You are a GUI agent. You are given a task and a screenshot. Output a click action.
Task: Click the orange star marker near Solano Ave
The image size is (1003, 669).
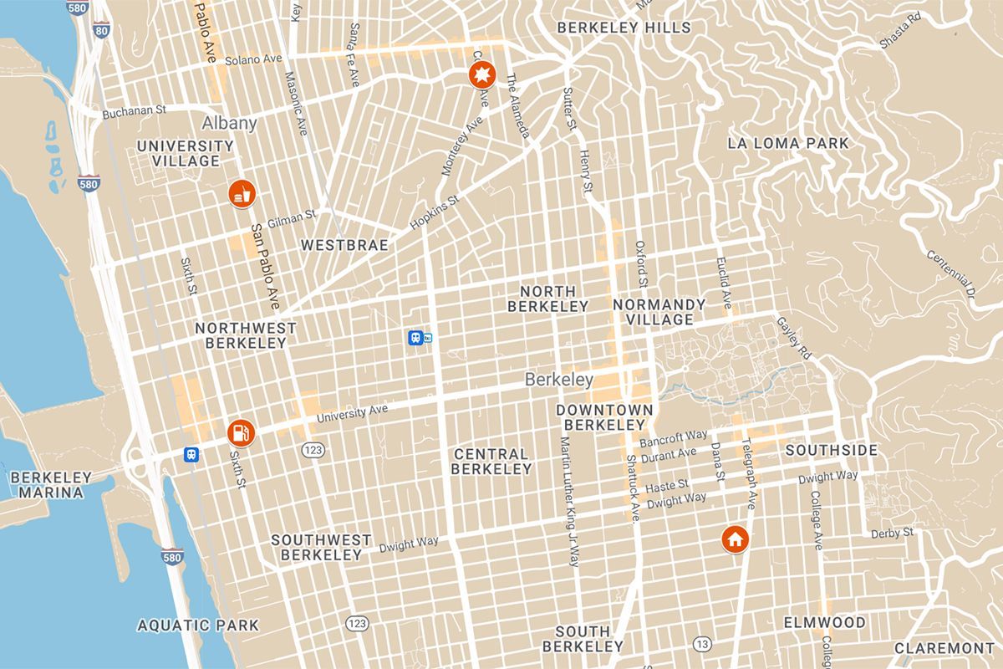(481, 77)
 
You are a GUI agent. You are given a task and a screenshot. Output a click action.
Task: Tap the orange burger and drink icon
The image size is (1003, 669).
(242, 194)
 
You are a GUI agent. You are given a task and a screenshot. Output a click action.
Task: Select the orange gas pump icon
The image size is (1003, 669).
(240, 432)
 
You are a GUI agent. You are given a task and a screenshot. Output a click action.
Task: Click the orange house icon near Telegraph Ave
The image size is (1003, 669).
(735, 539)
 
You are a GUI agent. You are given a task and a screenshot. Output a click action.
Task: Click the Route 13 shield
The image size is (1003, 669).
(701, 643)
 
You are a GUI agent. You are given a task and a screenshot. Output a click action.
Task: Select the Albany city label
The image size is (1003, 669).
(229, 123)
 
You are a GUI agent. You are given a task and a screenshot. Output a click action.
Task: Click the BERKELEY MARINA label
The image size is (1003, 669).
(51, 485)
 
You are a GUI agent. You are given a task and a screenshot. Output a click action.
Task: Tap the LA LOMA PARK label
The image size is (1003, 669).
(788, 143)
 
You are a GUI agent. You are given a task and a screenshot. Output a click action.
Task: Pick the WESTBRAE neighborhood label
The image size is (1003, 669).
(344, 245)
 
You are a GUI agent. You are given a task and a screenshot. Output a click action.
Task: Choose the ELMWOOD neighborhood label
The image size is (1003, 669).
(824, 623)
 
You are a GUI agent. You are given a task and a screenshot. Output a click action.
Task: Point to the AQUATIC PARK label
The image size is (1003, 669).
(198, 625)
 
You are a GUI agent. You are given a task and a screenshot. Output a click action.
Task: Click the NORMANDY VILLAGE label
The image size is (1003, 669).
(659, 311)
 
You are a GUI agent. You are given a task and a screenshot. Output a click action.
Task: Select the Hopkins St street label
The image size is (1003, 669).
(435, 214)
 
